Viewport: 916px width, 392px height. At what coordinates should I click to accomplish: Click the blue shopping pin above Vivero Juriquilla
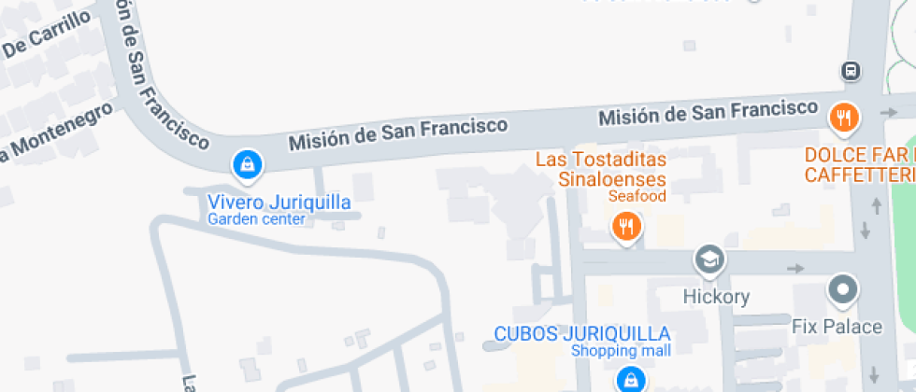tap(247, 165)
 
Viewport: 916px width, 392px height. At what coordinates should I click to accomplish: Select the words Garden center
tap(256, 220)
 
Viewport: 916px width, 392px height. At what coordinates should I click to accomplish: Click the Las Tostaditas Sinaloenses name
tap(600, 169)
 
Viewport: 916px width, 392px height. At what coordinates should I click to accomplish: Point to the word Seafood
tap(637, 197)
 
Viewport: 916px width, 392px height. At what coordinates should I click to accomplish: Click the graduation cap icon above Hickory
tap(710, 259)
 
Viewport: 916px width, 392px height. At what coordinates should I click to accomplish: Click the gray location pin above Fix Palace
tap(844, 289)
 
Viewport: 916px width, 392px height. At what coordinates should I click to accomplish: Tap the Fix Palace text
tap(837, 327)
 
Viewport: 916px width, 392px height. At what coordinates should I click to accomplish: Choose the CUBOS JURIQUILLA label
tap(581, 333)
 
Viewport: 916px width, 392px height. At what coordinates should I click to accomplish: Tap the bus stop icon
tap(851, 71)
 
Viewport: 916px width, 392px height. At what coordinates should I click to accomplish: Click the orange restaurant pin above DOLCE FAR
tap(844, 118)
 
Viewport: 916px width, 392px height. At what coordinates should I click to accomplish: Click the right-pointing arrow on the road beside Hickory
tap(795, 269)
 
